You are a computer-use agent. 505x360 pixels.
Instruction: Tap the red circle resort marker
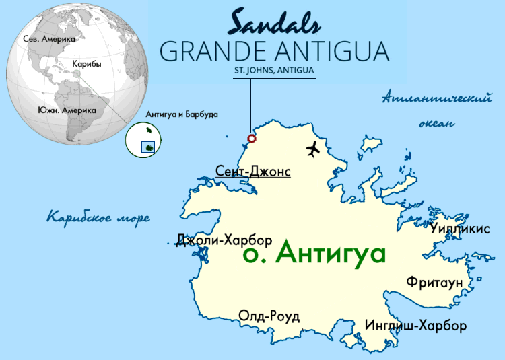[x=252, y=139]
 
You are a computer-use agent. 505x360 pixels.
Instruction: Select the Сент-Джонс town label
[x=253, y=172]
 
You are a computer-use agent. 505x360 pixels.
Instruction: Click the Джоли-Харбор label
[x=224, y=240]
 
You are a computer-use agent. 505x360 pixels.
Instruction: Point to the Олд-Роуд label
[x=269, y=316]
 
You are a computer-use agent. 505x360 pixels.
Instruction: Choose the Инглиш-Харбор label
[x=415, y=326]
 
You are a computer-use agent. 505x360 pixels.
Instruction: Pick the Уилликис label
[x=460, y=229]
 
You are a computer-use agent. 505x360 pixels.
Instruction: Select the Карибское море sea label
[x=98, y=217]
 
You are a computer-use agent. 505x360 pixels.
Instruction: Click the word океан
[x=436, y=124]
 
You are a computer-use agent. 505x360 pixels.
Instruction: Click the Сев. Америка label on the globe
[x=49, y=39]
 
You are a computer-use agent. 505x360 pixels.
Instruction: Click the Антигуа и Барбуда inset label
[x=181, y=114]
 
